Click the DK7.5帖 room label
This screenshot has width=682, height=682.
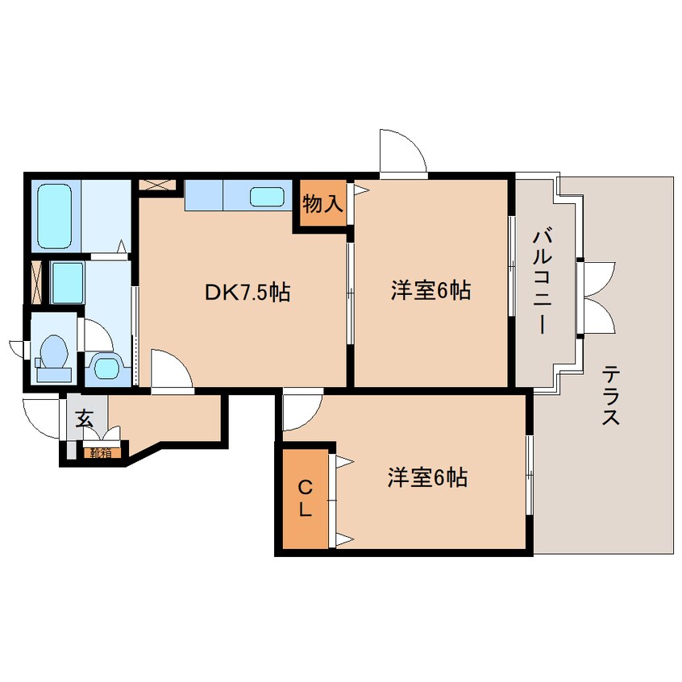pos(247,292)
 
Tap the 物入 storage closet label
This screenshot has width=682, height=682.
pos(322,205)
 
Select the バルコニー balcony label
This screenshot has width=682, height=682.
pos(540,282)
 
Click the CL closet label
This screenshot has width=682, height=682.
pos(305,497)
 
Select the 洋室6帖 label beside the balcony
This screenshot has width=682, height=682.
pos(430,290)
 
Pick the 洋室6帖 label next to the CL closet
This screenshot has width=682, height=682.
pos(427,478)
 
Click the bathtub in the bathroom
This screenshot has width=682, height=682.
pos(55,214)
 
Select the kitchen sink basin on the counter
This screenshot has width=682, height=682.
pos(266,196)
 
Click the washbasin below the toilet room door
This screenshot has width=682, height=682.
pos(105,368)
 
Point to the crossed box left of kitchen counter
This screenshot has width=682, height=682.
pos(156,184)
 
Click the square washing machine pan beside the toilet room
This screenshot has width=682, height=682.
pos(67,281)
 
